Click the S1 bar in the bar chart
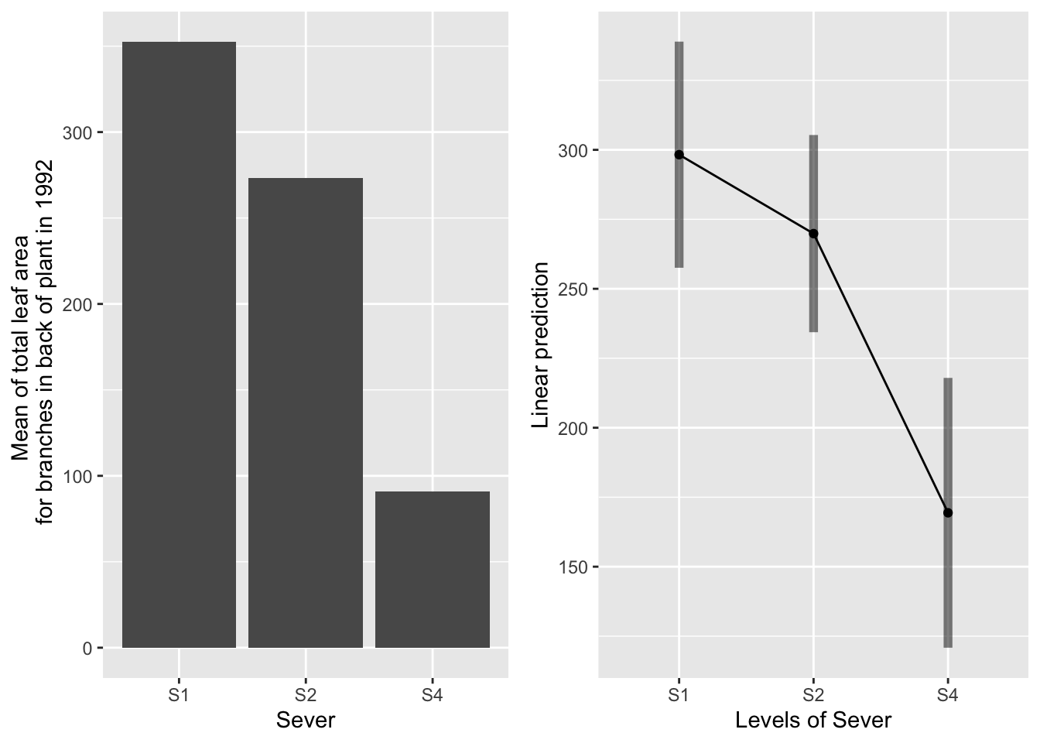click(179, 344)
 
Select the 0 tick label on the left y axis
click(87, 649)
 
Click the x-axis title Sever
click(306, 721)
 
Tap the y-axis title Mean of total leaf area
click(31, 344)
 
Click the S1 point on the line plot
click(679, 155)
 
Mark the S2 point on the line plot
click(813, 234)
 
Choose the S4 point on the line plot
click(948, 512)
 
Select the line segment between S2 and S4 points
click(881, 373)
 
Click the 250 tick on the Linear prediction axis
click(573, 289)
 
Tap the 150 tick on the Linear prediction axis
click(573, 567)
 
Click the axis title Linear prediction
click(541, 344)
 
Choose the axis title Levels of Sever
click(813, 721)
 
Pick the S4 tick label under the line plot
click(948, 695)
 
